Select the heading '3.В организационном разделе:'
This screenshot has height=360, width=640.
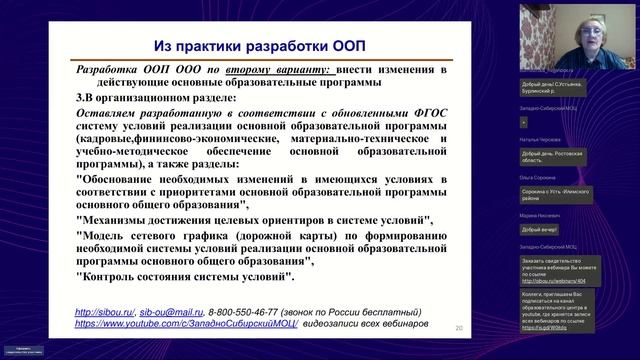pyautogui.click(x=159, y=100)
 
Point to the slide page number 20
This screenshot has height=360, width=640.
pyautogui.click(x=459, y=328)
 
